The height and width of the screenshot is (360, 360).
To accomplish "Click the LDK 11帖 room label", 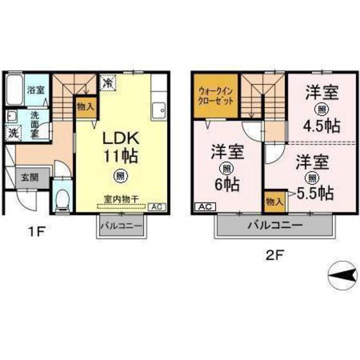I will click(119, 147).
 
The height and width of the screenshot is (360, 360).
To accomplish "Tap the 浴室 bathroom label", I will click(35, 90).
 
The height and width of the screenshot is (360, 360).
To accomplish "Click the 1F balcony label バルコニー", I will click(121, 227).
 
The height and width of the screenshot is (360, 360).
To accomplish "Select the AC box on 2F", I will click(203, 207).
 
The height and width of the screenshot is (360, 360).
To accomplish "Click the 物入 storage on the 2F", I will click(273, 202).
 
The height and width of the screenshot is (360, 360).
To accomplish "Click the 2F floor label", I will click(275, 254).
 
